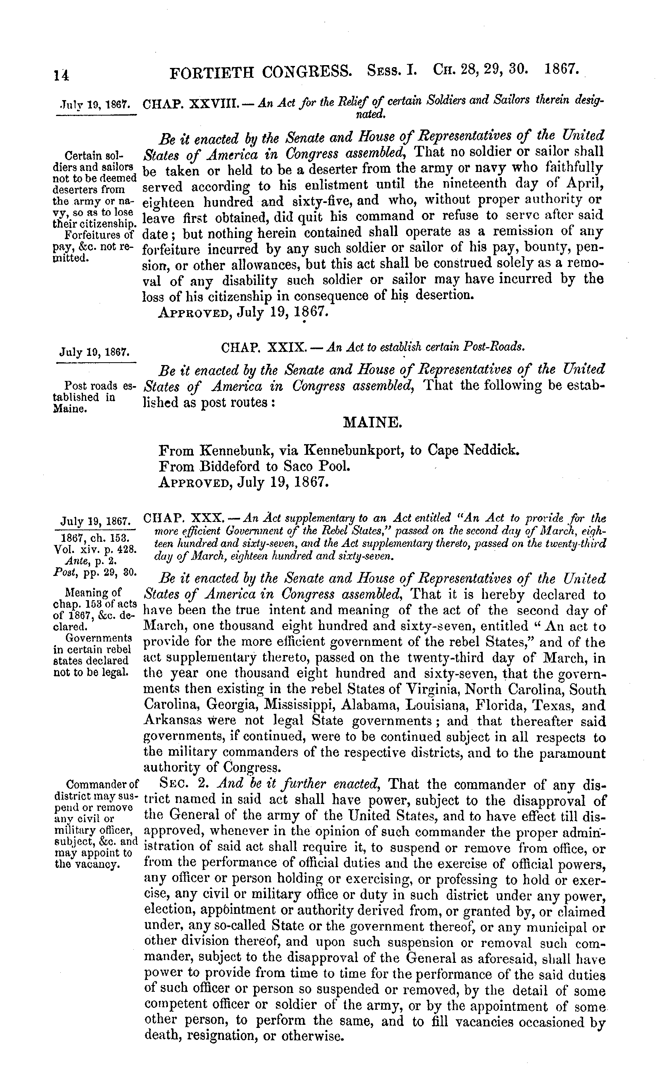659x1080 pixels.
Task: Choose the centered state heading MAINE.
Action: click(372, 422)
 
